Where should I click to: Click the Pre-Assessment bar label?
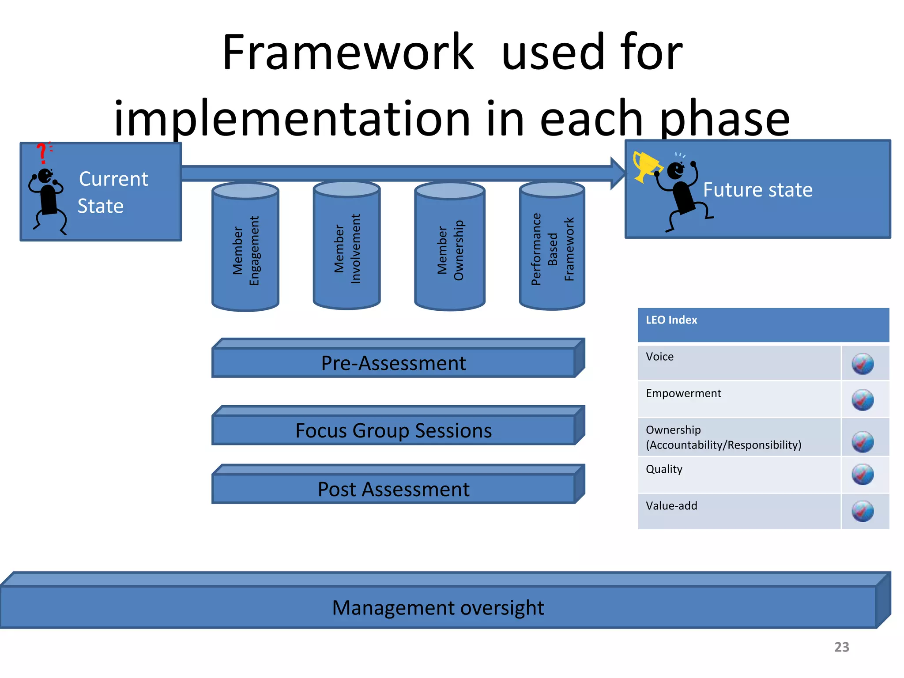[393, 363]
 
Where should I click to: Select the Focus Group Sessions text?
[393, 431]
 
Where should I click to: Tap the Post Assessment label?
[393, 490]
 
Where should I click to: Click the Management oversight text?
[438, 608]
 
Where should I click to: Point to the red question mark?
[42, 153]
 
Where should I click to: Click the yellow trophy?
[645, 166]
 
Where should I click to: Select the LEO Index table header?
[671, 320]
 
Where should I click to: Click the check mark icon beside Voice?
[863, 364]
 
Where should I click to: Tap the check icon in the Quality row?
[863, 475]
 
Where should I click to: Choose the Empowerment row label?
[683, 393]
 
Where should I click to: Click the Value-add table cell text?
[671, 506]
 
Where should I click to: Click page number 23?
[841, 647]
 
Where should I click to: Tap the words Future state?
[757, 190]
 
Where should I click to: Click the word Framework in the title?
[348, 53]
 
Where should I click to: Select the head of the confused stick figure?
[45, 176]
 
